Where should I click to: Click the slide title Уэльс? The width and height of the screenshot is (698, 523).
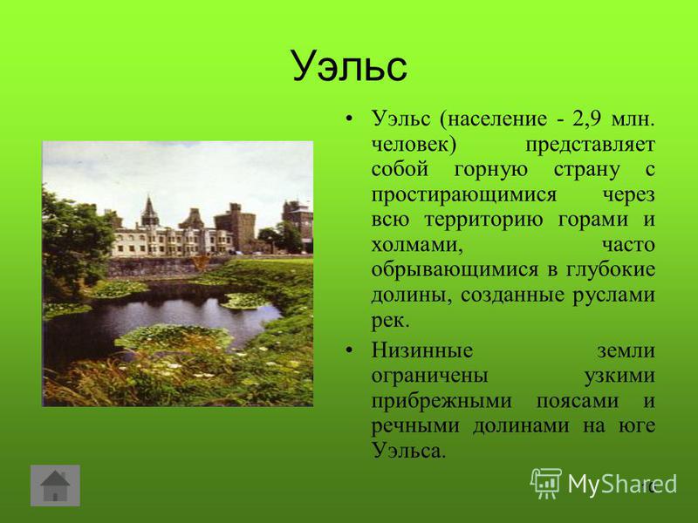tap(350, 66)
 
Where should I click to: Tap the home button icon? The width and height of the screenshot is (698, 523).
tap(55, 486)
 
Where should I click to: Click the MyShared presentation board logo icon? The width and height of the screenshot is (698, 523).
tap(546, 483)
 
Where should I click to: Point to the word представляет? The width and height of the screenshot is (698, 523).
tap(590, 145)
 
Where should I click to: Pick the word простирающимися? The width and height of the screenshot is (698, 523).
tap(464, 195)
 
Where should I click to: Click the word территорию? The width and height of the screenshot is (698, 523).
tap(483, 221)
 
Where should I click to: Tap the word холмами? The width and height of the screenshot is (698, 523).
tap(417, 245)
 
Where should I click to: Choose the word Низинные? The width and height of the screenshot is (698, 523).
tap(422, 350)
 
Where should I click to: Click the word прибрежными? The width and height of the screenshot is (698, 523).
tap(441, 402)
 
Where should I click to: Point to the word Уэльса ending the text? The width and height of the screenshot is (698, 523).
tap(408, 451)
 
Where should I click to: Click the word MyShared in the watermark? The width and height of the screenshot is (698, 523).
tap(622, 483)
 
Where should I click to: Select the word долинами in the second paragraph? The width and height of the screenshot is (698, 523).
tap(521, 426)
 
